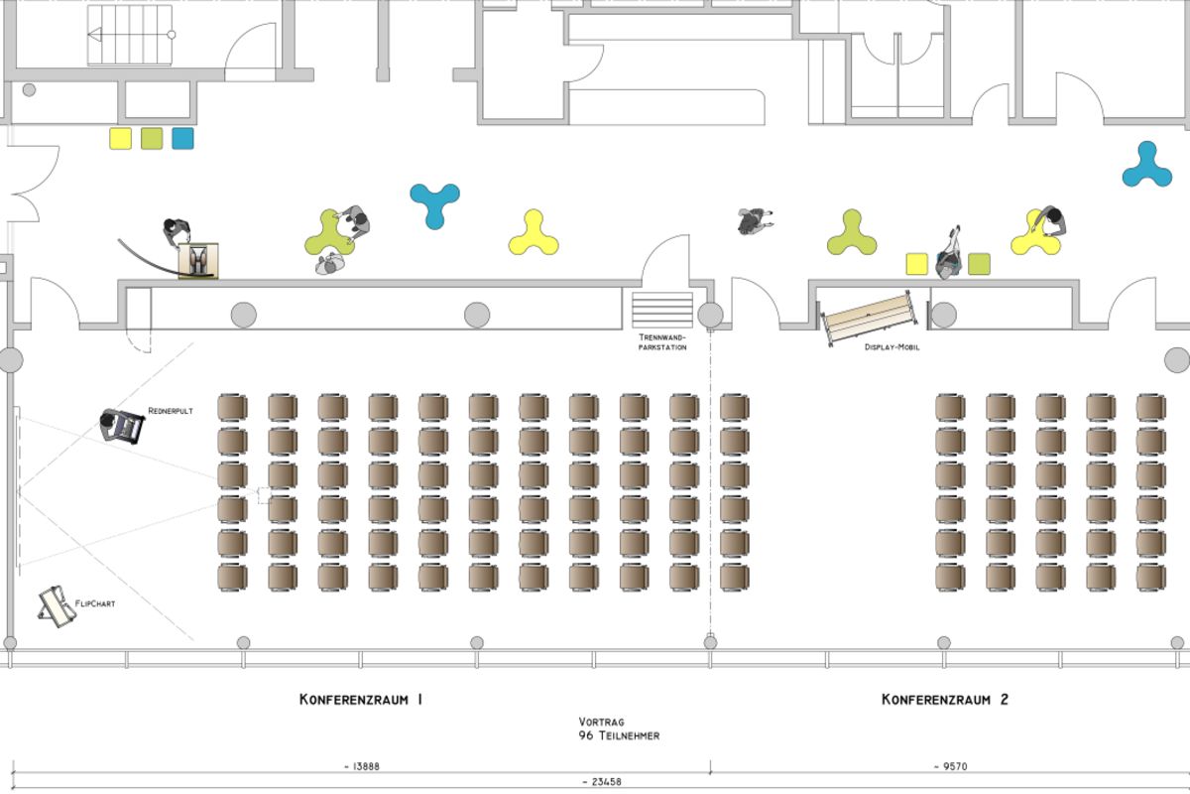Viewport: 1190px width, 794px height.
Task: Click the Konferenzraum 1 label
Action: tap(361, 700)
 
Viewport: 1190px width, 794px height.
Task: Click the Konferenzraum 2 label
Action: tap(945, 700)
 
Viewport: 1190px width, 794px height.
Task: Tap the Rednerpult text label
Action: tap(171, 410)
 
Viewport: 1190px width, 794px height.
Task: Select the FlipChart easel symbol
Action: tap(57, 607)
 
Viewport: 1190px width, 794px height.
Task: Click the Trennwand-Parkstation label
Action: tap(661, 342)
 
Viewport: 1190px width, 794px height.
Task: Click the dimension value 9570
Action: tap(949, 766)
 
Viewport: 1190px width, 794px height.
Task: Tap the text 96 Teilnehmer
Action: tap(620, 736)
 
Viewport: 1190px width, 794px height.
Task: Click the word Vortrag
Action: tap(601, 723)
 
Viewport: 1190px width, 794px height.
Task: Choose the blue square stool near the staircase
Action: tap(182, 138)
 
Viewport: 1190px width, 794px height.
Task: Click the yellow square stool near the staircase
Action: tap(120, 138)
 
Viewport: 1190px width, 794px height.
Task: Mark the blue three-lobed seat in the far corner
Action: tap(1147, 166)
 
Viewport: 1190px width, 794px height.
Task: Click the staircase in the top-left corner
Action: tap(130, 35)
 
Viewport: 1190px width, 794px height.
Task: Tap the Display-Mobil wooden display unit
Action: tap(869, 316)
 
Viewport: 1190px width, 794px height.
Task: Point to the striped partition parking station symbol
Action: tap(662, 309)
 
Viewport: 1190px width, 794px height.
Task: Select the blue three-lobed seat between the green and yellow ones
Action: tap(434, 203)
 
